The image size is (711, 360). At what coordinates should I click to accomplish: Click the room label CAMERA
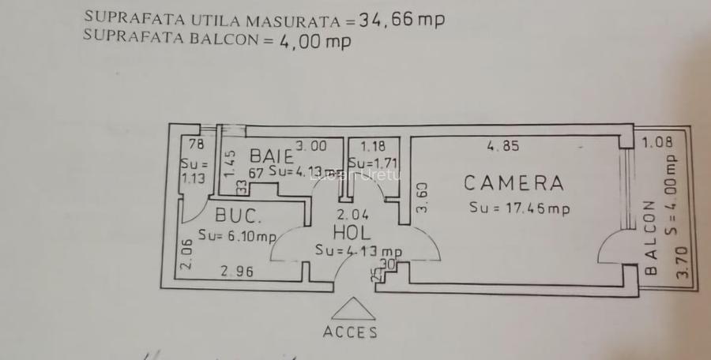point(513,183)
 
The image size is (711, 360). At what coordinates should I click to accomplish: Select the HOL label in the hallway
point(352,233)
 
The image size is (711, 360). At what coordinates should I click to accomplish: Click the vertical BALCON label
point(651,237)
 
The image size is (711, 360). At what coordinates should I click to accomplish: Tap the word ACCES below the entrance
point(350,332)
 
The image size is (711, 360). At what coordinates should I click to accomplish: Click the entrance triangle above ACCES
point(353,309)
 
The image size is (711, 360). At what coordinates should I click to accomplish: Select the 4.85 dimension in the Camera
point(503,145)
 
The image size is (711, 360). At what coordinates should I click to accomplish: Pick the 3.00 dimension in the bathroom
point(310,145)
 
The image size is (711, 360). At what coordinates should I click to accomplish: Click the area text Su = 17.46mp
point(519,208)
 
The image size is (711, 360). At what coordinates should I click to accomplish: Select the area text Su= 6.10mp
point(237,235)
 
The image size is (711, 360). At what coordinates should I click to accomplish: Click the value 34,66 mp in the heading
point(401,20)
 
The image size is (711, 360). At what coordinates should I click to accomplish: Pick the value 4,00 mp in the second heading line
point(314,42)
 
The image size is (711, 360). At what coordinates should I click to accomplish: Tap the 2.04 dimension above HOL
point(352,214)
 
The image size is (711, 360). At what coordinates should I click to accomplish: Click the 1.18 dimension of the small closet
point(373,145)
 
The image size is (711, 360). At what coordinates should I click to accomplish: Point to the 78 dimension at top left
point(197,144)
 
